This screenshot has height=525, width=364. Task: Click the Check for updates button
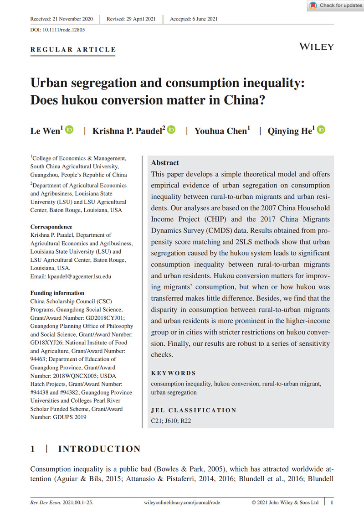tap(336, 5)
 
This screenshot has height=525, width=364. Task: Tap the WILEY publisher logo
tap(317, 47)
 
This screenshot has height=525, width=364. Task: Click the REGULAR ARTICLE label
tap(73, 50)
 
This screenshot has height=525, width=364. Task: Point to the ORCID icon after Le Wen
tap(69, 130)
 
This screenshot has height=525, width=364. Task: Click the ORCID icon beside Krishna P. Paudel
tap(171, 130)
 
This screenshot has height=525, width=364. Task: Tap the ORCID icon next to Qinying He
tap(321, 130)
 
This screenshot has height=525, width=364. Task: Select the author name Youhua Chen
tap(222, 131)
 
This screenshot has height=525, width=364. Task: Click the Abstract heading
tap(165, 163)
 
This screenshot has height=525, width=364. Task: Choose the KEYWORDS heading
tap(174, 373)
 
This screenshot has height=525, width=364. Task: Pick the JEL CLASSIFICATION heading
tap(194, 410)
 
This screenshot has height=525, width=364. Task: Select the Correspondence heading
tap(51, 227)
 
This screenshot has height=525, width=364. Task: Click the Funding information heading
tap(57, 293)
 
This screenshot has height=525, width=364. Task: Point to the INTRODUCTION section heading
tap(99, 449)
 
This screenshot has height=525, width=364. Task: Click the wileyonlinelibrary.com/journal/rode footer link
tap(181, 502)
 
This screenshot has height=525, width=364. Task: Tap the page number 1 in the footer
tap(332, 502)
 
